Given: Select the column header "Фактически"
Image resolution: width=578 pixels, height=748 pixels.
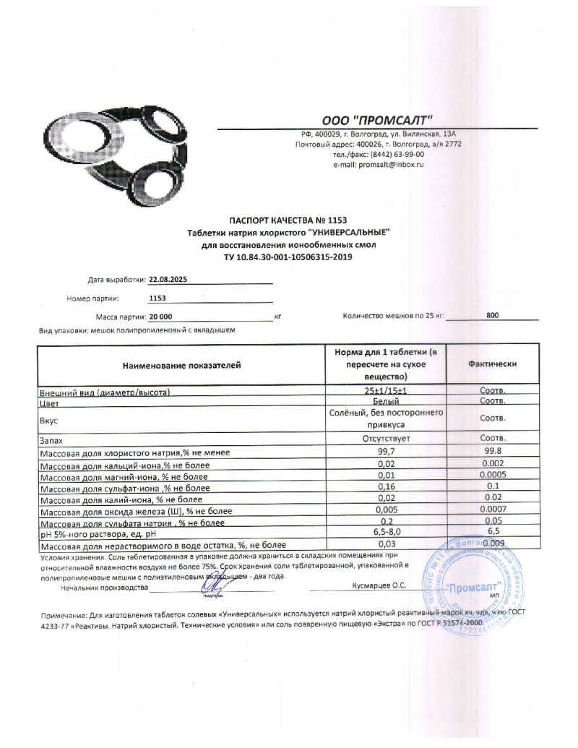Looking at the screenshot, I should [492, 365].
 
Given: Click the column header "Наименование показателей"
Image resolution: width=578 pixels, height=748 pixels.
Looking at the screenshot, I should [181, 366].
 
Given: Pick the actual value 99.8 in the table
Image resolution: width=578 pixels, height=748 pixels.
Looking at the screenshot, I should [492, 452].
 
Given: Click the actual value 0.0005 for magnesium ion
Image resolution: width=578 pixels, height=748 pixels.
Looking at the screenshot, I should [492, 475].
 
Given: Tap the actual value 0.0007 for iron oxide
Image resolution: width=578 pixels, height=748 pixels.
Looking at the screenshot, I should [492, 510].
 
